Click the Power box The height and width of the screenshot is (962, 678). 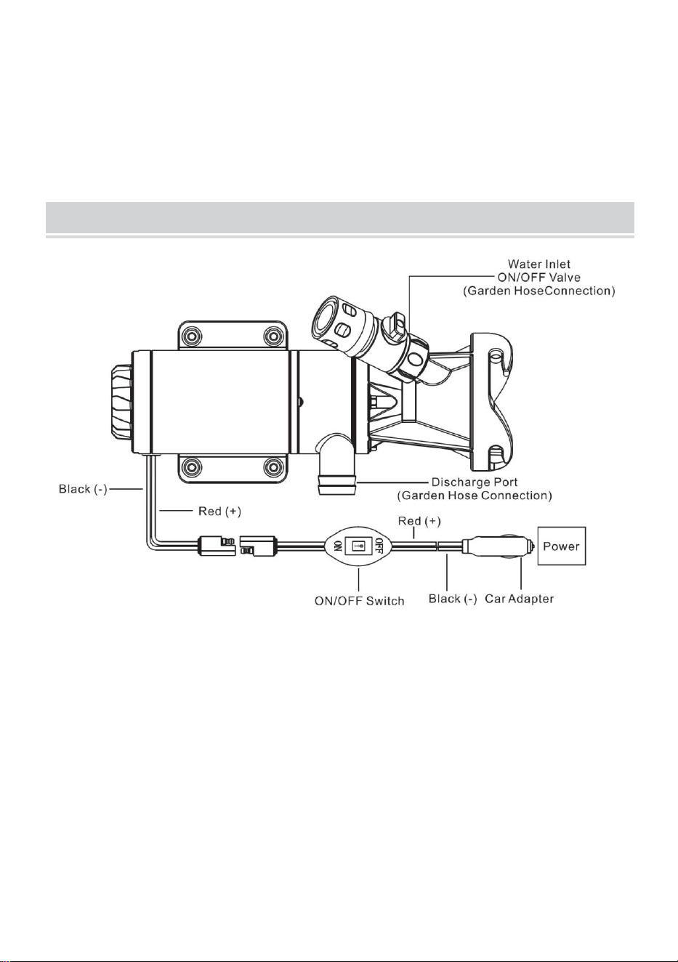pyautogui.click(x=562, y=546)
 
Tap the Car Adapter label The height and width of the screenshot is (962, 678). pyautogui.click(x=519, y=599)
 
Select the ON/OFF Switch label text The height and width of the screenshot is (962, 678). pyautogui.click(x=359, y=600)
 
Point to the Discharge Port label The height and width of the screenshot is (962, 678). pyautogui.click(x=475, y=482)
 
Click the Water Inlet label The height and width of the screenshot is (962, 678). pyautogui.click(x=538, y=263)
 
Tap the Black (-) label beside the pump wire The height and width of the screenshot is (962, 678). pyautogui.click(x=83, y=489)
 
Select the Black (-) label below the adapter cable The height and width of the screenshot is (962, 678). pyautogui.click(x=453, y=599)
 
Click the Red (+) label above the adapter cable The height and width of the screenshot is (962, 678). pyautogui.click(x=419, y=521)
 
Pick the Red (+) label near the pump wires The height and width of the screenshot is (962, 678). pyautogui.click(x=219, y=511)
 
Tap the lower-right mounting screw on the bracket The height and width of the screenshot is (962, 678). pyautogui.click(x=273, y=466)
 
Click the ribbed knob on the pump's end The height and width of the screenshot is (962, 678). pyautogui.click(x=123, y=400)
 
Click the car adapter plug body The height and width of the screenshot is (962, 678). pyautogui.click(x=499, y=546)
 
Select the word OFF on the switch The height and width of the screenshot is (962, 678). pyautogui.click(x=379, y=546)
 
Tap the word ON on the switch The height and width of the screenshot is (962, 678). pyautogui.click(x=338, y=546)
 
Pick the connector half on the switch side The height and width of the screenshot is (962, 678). pyautogui.click(x=257, y=546)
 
